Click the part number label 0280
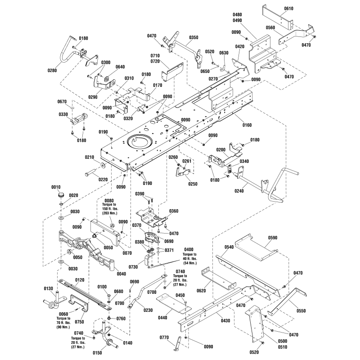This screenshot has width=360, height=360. tap(53, 70)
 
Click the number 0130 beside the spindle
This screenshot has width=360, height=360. tap(48, 288)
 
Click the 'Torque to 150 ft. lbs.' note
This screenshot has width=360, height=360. tap(109, 207)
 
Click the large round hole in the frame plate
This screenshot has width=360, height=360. tap(140, 142)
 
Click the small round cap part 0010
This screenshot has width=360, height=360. tap(61, 195)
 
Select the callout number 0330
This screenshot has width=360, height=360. tap(64, 114)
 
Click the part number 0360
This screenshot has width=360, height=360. tap(174, 211)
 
